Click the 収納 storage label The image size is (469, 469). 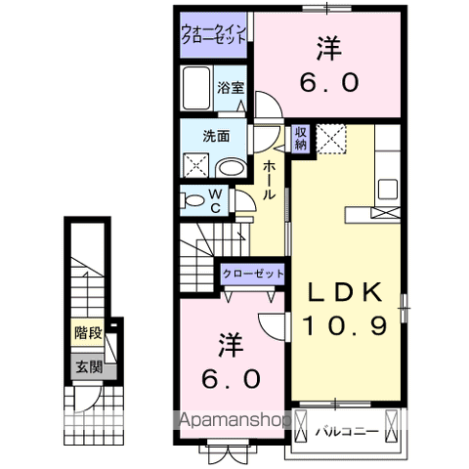[x=301, y=138]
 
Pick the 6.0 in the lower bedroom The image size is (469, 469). [x=231, y=377]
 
